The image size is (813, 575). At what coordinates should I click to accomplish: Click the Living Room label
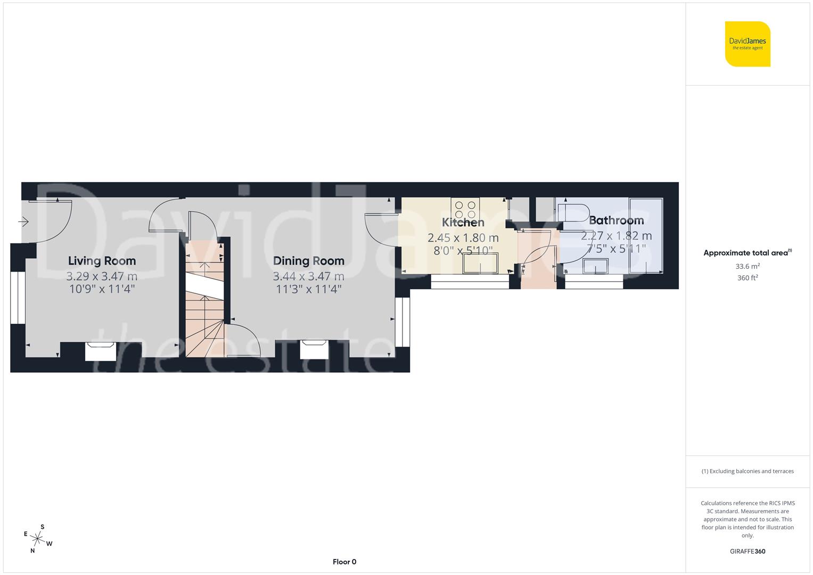coord(102,261)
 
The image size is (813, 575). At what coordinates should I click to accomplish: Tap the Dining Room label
coord(308,261)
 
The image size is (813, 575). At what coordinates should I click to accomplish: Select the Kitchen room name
coord(463,223)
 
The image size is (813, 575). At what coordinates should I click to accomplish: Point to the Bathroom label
coord(616,220)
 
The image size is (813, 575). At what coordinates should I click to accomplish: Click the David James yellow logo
coord(748,44)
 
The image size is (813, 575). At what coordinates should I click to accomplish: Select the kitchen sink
coord(480,263)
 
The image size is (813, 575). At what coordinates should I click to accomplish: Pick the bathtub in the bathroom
coord(646,235)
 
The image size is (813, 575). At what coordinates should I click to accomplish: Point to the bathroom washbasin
coord(596,265)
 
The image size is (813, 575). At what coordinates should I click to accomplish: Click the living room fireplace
coord(101,351)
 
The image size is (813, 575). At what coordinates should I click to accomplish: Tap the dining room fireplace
coord(314,349)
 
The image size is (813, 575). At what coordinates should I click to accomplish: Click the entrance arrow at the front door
coord(23,221)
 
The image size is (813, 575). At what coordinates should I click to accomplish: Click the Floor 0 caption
coord(344,562)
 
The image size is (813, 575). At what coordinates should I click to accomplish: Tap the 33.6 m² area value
coord(748,267)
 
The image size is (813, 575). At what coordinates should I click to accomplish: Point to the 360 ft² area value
coord(748,278)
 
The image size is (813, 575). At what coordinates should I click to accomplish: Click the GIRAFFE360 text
coord(748,552)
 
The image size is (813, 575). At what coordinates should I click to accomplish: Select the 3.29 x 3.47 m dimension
coord(102,276)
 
